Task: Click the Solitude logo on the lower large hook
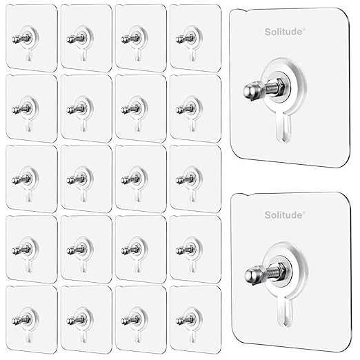click(285, 215)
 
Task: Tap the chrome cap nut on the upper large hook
click(250, 91)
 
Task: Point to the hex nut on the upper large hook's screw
click(281, 87)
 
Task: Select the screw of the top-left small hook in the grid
click(21, 39)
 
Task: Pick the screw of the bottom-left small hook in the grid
click(21, 320)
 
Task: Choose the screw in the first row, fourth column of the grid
click(186, 39)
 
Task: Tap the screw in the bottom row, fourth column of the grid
click(186, 320)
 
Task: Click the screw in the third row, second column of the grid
click(77, 179)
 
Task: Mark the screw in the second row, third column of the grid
click(131, 109)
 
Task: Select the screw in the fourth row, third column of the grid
click(131, 250)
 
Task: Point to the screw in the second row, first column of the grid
click(21, 109)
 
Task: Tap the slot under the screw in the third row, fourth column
click(193, 196)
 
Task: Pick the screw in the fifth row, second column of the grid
click(77, 320)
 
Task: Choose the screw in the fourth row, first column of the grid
click(21, 250)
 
